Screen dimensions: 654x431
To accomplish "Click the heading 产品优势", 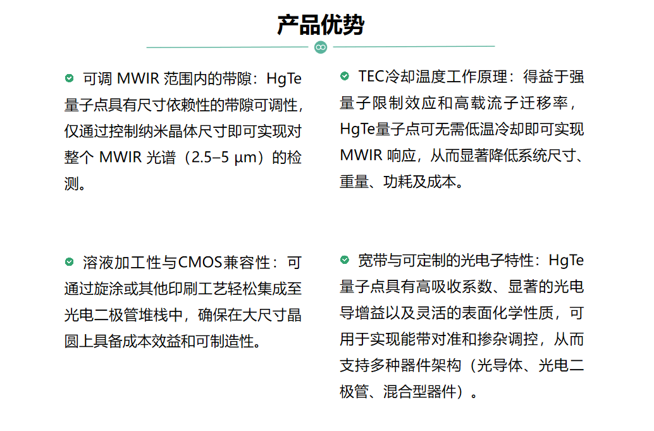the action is tap(320, 25).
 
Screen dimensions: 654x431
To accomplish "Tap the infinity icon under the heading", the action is tap(320, 47).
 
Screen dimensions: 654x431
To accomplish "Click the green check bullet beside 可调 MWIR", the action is tap(69, 78).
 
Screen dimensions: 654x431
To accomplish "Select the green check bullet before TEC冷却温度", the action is tap(345, 76).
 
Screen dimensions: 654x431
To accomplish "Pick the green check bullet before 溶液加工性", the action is tap(69, 261).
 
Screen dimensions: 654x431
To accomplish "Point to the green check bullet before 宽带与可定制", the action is tap(345, 260).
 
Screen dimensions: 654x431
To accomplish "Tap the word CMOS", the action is tap(200, 263).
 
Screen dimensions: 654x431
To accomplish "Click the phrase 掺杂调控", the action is tap(507, 339).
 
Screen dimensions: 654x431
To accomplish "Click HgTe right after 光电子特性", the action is tap(566, 260).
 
